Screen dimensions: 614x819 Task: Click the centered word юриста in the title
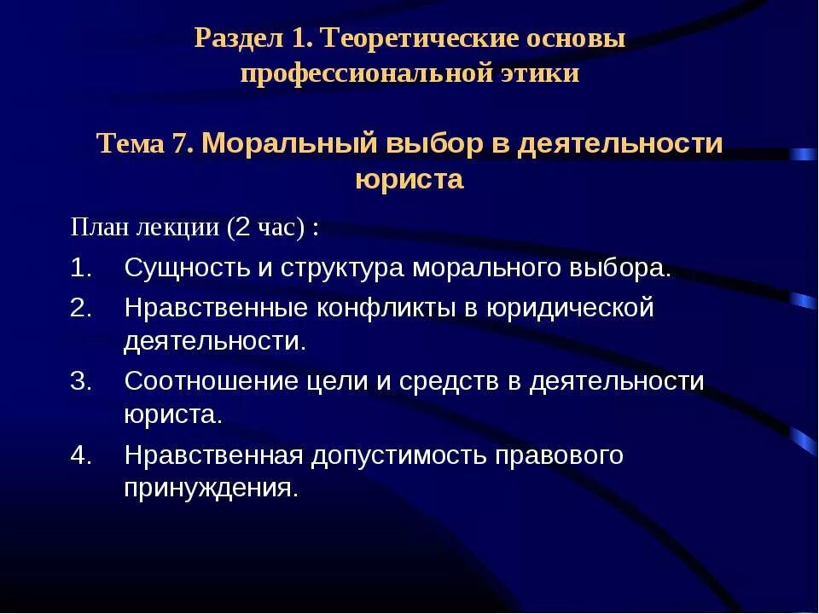(409, 179)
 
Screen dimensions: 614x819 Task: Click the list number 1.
(79, 269)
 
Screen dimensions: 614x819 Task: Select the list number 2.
(79, 308)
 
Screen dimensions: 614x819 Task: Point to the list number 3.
(79, 381)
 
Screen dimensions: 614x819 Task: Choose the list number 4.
(79, 455)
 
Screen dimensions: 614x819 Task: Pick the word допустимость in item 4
(400, 455)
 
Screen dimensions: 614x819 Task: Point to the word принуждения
(211, 489)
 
